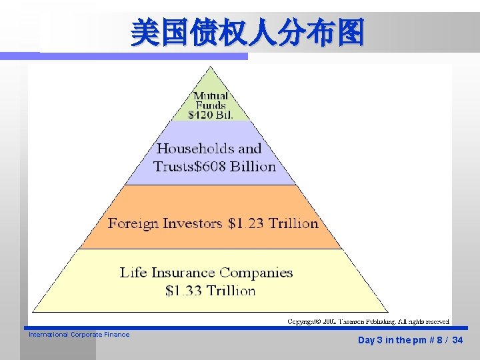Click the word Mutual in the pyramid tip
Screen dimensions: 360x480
point(211,96)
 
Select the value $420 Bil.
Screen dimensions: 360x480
point(211,115)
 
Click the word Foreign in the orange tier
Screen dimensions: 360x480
point(132,223)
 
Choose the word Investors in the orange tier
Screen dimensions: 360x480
point(191,223)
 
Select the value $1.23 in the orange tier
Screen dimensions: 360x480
point(246,223)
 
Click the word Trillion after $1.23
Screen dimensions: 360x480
point(293,223)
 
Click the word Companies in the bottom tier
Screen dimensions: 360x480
point(257,272)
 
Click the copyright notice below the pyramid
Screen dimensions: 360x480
point(369,321)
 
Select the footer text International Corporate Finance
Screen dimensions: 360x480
point(79,335)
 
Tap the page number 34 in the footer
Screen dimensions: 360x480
point(457,340)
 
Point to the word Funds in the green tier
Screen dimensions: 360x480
point(211,105)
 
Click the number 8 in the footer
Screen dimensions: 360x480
point(438,340)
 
